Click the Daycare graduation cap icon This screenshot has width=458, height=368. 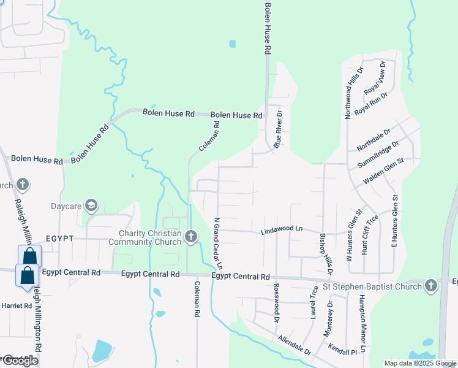[x=91, y=205]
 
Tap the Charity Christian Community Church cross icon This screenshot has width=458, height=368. [x=190, y=236]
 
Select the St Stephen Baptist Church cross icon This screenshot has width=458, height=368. [x=431, y=286]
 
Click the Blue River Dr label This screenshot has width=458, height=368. [x=277, y=129]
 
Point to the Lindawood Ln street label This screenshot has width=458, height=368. [x=282, y=229]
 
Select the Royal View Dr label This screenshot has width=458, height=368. [x=375, y=77]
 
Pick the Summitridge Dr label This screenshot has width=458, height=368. [x=377, y=155]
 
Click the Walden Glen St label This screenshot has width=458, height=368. [x=384, y=171]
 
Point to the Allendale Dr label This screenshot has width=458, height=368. [x=295, y=346]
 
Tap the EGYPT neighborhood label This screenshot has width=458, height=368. [x=59, y=238]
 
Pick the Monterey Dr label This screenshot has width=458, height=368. [x=329, y=316]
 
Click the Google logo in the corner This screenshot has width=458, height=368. [x=20, y=361]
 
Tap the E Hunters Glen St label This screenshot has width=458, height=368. [x=395, y=221]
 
